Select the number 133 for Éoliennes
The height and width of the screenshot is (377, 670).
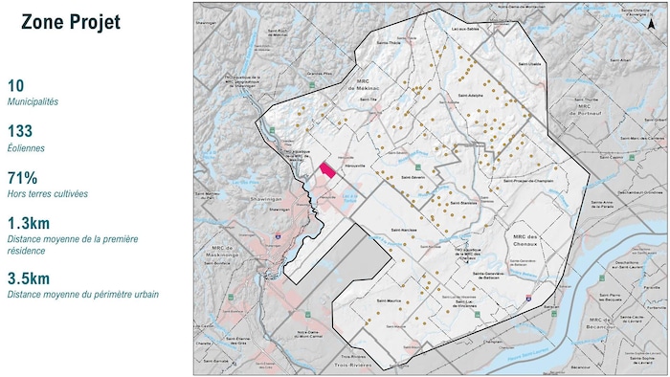(20, 131)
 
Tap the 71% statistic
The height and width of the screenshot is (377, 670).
(22, 177)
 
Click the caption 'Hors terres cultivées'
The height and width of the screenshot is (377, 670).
(48, 193)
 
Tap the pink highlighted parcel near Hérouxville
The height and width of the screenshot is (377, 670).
(327, 170)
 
